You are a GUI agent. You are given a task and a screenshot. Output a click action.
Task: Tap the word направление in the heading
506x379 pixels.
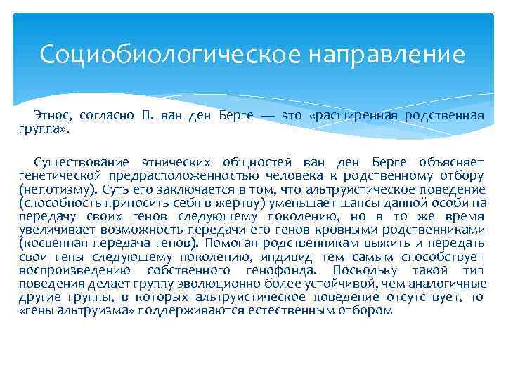386,54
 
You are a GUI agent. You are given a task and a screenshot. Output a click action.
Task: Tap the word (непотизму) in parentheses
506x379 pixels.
60,189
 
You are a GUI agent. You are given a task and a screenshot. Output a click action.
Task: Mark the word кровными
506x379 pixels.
372,230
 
